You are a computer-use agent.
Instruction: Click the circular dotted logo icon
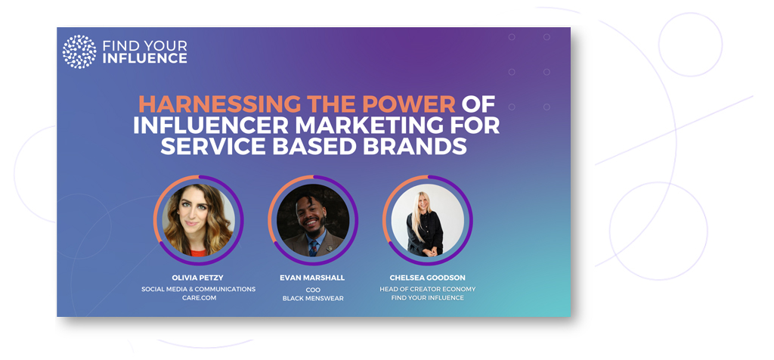(79, 51)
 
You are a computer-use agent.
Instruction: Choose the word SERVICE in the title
(206, 147)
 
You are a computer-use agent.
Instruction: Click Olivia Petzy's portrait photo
(199, 220)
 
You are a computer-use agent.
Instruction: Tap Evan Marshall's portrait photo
(313, 220)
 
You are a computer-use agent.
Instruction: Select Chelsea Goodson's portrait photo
(428, 220)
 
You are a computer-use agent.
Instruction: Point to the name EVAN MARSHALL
(312, 278)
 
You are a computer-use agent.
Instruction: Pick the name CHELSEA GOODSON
(428, 278)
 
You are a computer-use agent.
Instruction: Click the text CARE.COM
(199, 298)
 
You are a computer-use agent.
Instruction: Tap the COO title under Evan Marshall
(313, 290)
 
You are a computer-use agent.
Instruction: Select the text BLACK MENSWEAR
(313, 298)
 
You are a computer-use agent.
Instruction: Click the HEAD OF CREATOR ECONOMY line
(428, 290)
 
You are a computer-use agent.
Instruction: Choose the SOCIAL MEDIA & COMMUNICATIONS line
(199, 290)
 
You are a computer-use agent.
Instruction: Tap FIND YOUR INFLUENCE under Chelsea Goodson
(428, 298)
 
